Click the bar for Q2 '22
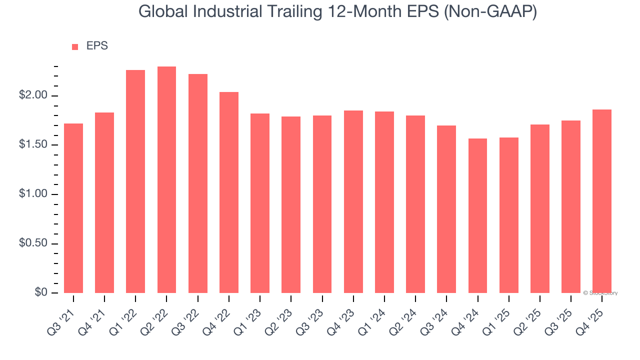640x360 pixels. pos(166,180)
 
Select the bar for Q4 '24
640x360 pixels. pos(477,215)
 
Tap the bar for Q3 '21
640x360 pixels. pos(73,208)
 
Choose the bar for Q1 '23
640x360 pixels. pos(260,203)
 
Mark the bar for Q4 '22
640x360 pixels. pos(229,192)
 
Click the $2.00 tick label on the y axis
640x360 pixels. pos(34,96)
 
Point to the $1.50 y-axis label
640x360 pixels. pos(34,145)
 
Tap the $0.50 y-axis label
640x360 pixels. pos(34,243)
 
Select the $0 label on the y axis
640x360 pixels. pos(41,292)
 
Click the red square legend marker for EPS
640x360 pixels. pos(75,46)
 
